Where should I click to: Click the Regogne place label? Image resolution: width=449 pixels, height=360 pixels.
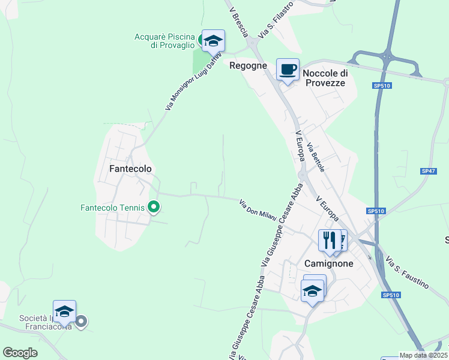click(248, 66)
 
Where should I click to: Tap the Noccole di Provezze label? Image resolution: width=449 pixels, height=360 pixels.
click(325, 78)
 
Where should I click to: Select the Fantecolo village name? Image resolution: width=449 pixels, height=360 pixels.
click(130, 169)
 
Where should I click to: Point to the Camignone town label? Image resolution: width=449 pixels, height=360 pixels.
click(328, 263)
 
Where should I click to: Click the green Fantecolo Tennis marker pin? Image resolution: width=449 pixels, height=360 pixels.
click(154, 208)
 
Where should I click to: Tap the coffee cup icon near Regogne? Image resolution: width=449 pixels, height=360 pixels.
click(288, 69)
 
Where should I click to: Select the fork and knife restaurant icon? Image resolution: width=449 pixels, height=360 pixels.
click(330, 241)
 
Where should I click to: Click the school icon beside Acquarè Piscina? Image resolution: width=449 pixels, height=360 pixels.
click(212, 41)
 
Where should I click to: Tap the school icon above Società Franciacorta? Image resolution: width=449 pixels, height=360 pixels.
click(64, 311)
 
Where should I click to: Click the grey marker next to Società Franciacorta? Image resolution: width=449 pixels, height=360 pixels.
click(82, 322)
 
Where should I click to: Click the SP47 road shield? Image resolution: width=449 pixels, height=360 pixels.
click(428, 171)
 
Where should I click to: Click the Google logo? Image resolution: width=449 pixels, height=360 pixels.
click(20, 353)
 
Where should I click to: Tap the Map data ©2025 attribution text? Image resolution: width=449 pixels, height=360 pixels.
click(423, 355)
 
